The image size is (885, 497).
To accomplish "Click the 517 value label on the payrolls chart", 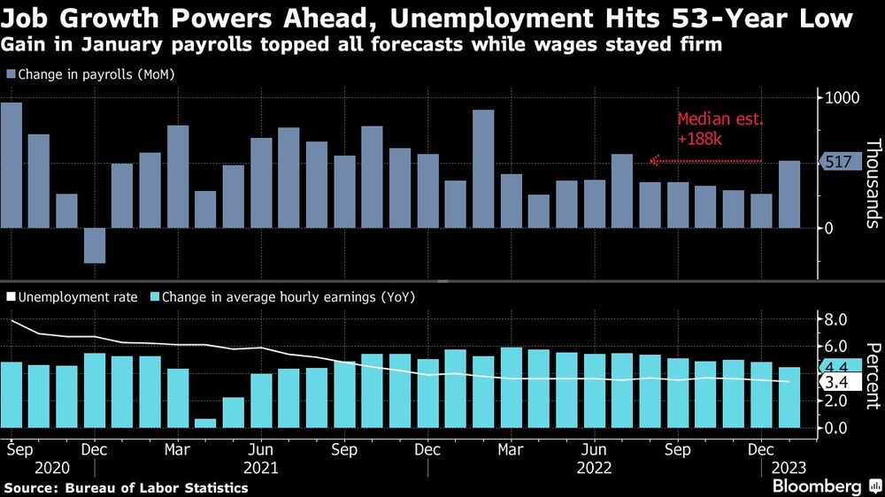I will point(838,162).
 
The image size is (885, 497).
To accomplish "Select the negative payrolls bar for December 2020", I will point(95,245).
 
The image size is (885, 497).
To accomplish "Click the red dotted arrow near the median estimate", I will point(705,161).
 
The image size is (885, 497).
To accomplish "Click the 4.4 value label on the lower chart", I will point(837,367).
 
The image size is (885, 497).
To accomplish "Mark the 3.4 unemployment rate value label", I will point(837,383).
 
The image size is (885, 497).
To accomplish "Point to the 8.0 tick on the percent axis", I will point(837,319).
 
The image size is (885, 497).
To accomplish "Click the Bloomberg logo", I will point(825,486).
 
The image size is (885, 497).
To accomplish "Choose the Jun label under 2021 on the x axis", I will point(261,449).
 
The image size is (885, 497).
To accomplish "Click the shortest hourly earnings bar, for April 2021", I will point(205,423).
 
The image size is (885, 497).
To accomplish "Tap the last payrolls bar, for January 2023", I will point(789,195).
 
